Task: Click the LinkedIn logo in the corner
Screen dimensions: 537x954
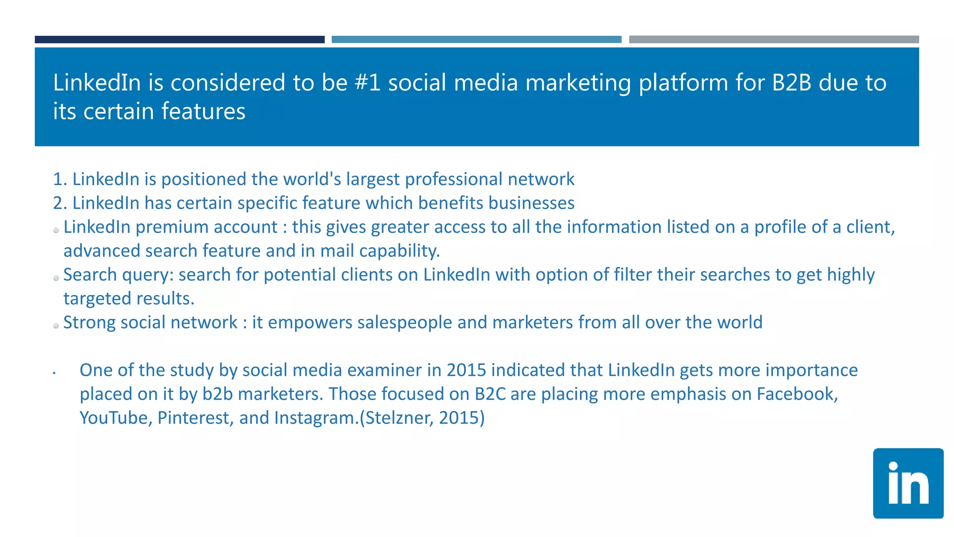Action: pyautogui.click(x=908, y=483)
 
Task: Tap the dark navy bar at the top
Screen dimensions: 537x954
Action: pyautogui.click(x=179, y=40)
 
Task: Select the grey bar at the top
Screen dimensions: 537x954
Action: pyautogui.click(x=774, y=40)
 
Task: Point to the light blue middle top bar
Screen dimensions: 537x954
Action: pyautogui.click(x=476, y=40)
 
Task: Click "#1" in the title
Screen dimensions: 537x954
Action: pyautogui.click(x=368, y=83)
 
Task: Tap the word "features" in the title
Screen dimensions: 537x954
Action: pyautogui.click(x=203, y=112)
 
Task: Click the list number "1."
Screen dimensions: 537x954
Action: pyautogui.click(x=60, y=179)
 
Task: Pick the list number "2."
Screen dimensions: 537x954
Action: pyautogui.click(x=60, y=203)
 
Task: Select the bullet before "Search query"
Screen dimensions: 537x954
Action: pyautogui.click(x=56, y=278)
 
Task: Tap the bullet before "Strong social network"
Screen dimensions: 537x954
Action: pyautogui.click(x=56, y=326)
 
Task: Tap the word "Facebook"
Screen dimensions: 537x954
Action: pyautogui.click(x=797, y=394)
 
